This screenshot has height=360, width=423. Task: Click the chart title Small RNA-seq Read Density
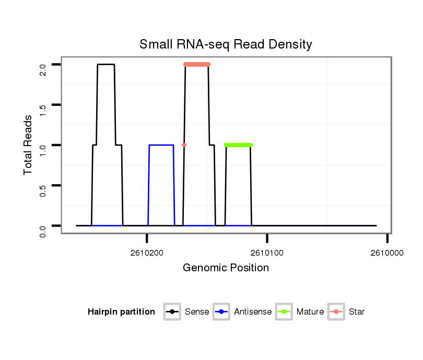pyautogui.click(x=226, y=44)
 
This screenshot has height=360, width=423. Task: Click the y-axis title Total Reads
pyautogui.click(x=28, y=145)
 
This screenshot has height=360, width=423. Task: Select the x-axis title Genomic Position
pyautogui.click(x=226, y=268)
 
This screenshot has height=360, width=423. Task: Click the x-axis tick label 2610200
pyautogui.click(x=147, y=253)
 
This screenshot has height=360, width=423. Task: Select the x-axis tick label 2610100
pyautogui.click(x=267, y=253)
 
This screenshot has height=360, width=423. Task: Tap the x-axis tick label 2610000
pyautogui.click(x=387, y=253)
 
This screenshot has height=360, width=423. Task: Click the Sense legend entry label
pyautogui.click(x=197, y=312)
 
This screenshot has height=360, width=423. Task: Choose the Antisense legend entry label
pyautogui.click(x=253, y=312)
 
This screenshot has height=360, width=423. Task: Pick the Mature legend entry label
pyautogui.click(x=310, y=312)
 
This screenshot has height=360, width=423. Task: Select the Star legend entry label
pyautogui.click(x=356, y=312)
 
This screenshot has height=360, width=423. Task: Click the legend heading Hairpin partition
pyautogui.click(x=121, y=312)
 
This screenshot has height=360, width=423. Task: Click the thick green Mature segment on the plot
pyautogui.click(x=238, y=145)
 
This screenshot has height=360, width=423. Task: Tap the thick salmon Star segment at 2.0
pyautogui.click(x=197, y=64)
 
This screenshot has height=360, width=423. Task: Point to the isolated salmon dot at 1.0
pyautogui.click(x=184, y=145)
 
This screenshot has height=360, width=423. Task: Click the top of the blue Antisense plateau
pyautogui.click(x=161, y=145)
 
